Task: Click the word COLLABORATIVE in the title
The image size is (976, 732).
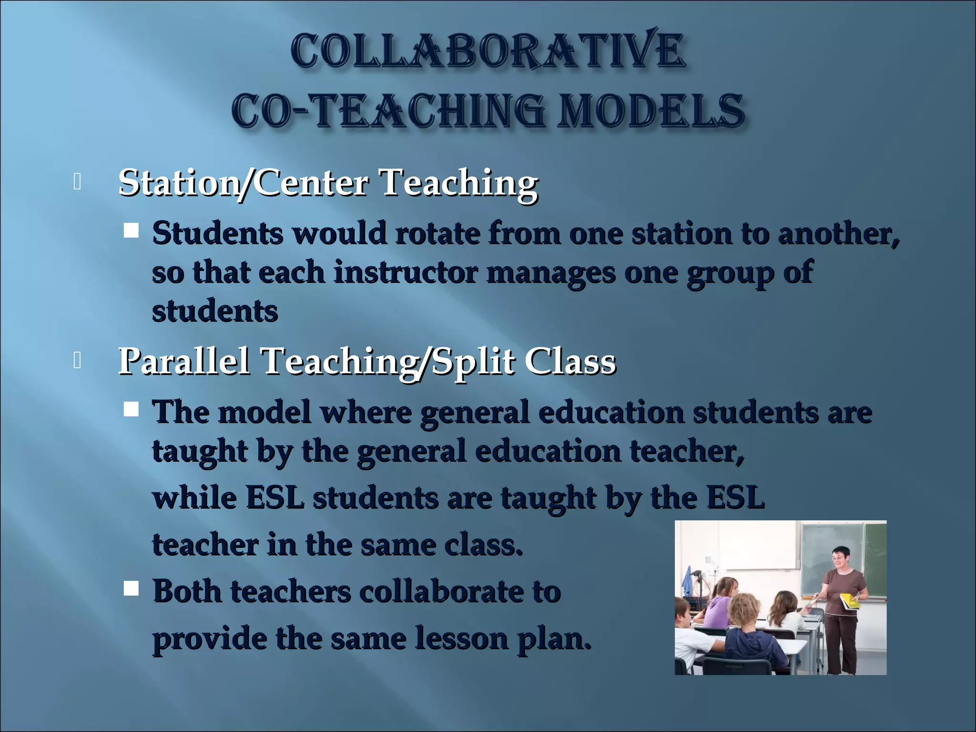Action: (x=488, y=51)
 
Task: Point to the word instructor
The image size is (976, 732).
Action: (x=406, y=273)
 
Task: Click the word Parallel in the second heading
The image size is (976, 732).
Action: (x=184, y=361)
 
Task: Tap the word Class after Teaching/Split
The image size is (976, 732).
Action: (x=570, y=361)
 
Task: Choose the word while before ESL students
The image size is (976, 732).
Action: (x=194, y=498)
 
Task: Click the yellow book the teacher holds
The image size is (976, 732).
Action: (x=849, y=601)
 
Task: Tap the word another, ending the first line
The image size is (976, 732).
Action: (x=839, y=234)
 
